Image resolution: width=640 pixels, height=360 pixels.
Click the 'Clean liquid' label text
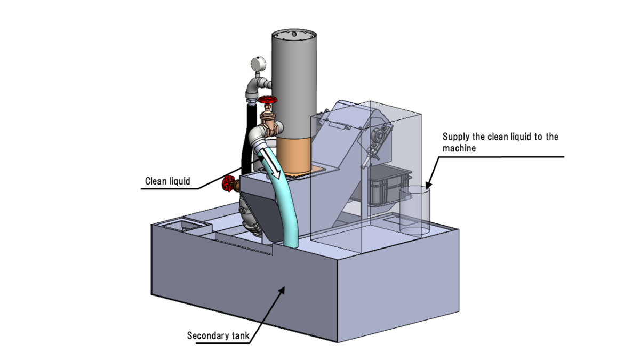coord(167,181)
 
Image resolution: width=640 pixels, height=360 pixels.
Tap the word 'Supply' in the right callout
coord(456,137)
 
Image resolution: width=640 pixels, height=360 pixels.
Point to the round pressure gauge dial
coord(258,65)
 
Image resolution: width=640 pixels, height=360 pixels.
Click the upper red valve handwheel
coord(267,101)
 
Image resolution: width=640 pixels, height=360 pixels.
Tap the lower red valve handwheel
coord(230,184)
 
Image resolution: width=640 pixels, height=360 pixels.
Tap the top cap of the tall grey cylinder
coord(294,35)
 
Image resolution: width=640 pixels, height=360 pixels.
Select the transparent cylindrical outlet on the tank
coord(415,211)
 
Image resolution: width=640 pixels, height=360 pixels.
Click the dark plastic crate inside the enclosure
coord(388,185)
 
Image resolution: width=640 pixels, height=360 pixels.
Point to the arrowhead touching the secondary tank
coord(282,289)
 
